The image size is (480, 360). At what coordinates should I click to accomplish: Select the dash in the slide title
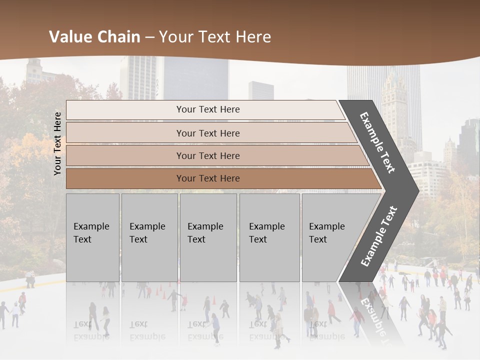[x=149, y=37]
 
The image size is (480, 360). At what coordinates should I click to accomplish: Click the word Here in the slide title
[x=253, y=37]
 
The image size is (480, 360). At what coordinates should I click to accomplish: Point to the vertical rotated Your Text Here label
[x=57, y=143]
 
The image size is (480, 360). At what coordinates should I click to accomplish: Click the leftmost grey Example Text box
[x=92, y=237]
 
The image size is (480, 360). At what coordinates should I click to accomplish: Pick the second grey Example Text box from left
[x=149, y=237]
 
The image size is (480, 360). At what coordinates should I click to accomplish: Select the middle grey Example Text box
[x=208, y=237]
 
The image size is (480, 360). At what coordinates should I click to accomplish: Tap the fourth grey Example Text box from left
[x=269, y=237]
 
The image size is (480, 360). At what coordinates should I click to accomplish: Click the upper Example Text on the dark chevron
[x=377, y=142]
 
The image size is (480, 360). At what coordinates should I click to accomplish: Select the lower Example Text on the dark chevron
[x=379, y=236]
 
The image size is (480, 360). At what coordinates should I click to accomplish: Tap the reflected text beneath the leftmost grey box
[x=91, y=330]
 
